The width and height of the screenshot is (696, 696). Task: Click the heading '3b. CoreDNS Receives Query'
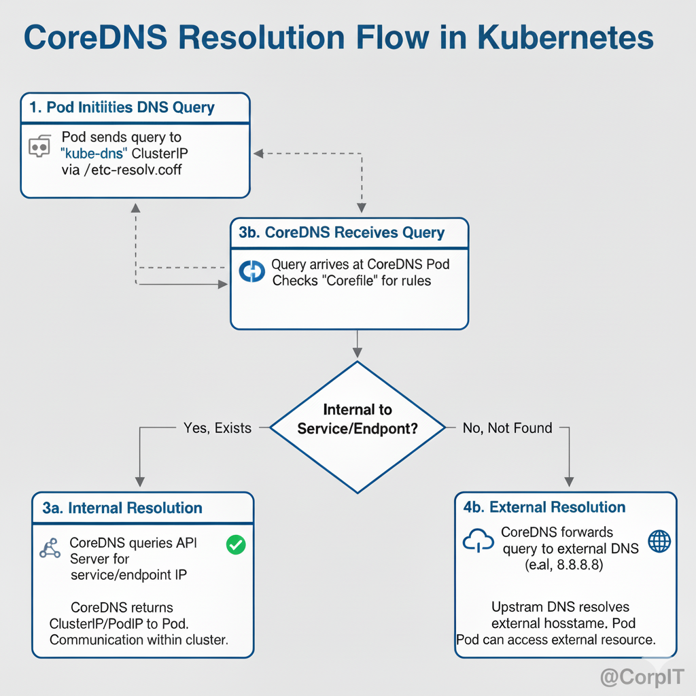coord(342,232)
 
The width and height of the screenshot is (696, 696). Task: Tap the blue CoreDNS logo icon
coord(251,272)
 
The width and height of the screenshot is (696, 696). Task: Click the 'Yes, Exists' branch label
coord(217,428)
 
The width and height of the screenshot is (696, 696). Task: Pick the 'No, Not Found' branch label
coord(507,428)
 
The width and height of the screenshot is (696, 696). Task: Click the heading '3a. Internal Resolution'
coord(122,508)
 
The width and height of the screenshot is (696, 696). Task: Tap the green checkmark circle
coord(235,544)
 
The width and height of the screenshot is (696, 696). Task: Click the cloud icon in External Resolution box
coord(478,541)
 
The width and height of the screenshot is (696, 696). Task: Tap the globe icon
coord(659,541)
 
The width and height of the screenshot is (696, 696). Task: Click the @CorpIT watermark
coord(642,677)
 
